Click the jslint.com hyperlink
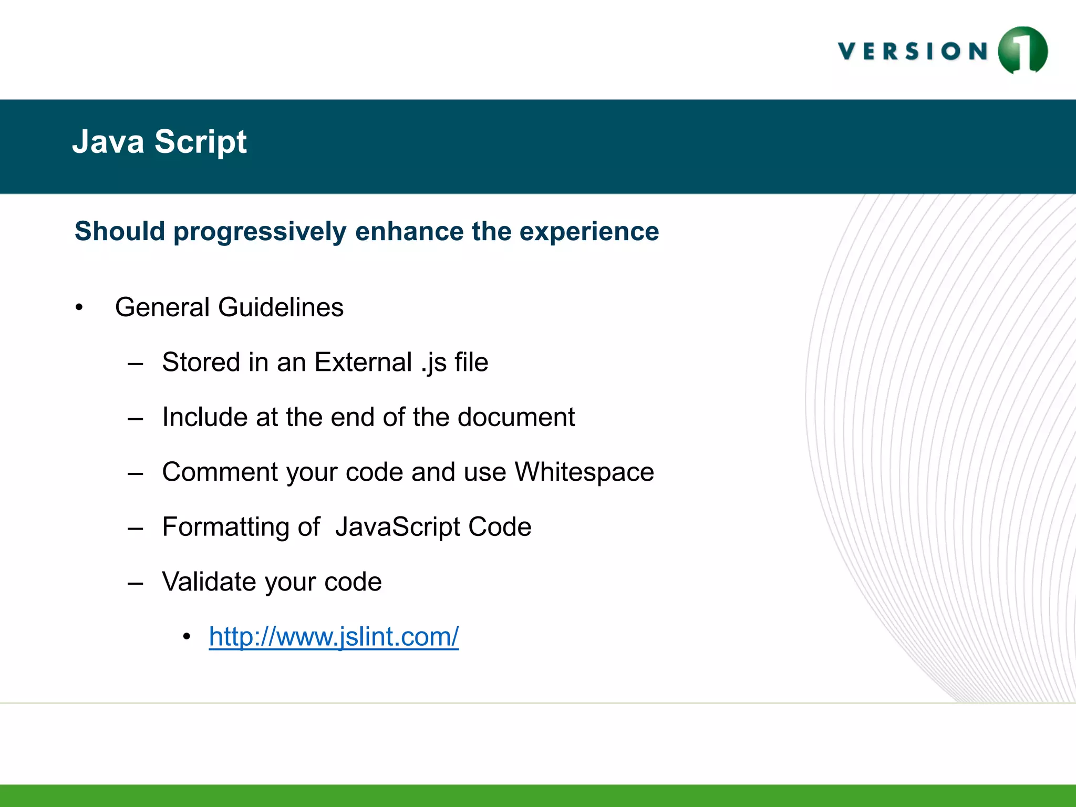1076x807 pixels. pos(334,637)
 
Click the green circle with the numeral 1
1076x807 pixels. pos(1022,50)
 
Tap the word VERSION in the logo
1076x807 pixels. pos(913,51)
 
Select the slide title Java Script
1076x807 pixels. pos(159,142)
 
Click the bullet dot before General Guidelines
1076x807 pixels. pos(79,307)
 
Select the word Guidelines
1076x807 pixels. pos(281,307)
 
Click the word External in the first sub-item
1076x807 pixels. pos(363,362)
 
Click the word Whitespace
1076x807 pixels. pos(584,472)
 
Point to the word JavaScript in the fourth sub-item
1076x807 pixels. pos(398,527)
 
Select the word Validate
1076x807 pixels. pos(209,582)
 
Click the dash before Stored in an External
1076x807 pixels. pos(136,364)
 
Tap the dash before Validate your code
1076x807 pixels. pos(136,583)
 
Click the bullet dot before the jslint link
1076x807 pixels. pos(187,637)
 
